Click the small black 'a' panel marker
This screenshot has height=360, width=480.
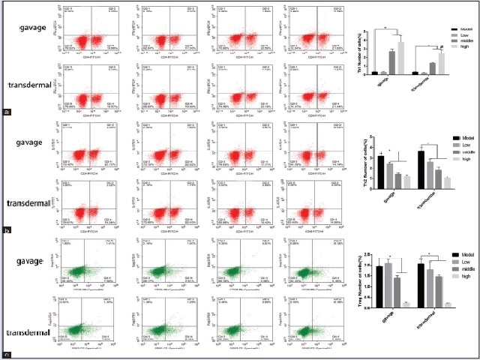point(7,112)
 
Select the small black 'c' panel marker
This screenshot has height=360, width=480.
point(7,353)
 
